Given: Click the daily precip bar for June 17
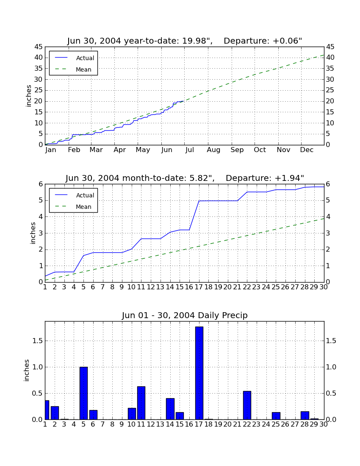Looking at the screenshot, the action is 199,373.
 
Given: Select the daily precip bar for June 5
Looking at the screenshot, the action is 83,393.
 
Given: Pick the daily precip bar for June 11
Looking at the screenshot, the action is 141,403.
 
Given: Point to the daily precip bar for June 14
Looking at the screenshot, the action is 170,409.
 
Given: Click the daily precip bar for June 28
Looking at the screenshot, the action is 305,416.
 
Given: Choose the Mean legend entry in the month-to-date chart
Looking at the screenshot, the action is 73,207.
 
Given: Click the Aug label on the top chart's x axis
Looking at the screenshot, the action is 213,150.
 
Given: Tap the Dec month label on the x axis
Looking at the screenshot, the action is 307,150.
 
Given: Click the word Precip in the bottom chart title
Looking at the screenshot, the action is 235,315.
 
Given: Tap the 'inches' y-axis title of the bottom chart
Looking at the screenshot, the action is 27,370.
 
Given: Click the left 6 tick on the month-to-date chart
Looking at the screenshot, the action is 41,184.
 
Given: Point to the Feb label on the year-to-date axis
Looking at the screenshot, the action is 74,150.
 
